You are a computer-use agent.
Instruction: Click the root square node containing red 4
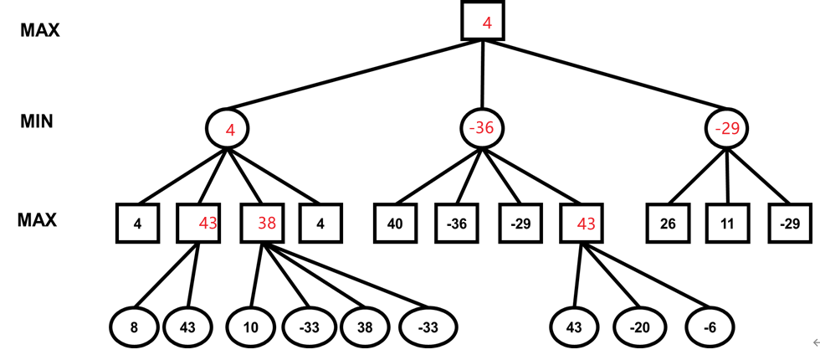[483, 20]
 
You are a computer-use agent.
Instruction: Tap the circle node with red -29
[726, 128]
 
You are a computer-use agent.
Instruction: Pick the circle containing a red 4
[228, 129]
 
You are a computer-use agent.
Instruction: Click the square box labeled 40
[395, 224]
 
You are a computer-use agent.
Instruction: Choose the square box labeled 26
[668, 224]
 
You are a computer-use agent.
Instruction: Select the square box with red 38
[262, 224]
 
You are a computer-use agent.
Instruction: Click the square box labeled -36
[456, 224]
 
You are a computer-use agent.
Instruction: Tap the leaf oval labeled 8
[134, 327]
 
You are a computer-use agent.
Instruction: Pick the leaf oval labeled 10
[251, 327]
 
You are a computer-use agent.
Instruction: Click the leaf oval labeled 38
[365, 327]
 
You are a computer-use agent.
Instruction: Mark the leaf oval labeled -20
[639, 327]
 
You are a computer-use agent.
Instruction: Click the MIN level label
[37, 121]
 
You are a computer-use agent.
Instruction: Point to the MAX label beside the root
[40, 30]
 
